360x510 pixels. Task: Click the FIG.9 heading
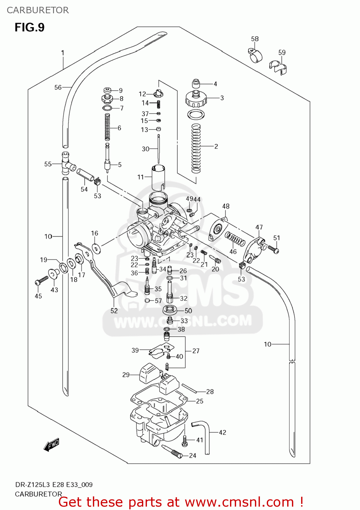point(30,27)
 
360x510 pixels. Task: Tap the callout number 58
point(255,39)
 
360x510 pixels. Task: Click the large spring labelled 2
point(196,148)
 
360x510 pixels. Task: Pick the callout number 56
point(58,87)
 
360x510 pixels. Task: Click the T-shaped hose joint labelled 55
point(66,163)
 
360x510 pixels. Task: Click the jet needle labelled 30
point(159,149)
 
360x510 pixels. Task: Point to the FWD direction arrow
point(51,444)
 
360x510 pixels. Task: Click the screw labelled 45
point(42,281)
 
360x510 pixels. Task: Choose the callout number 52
point(114,311)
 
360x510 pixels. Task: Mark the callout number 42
point(223,432)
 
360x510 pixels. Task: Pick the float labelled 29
point(147,373)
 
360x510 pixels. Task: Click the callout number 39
point(135,350)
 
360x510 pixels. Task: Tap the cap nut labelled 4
point(197,84)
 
